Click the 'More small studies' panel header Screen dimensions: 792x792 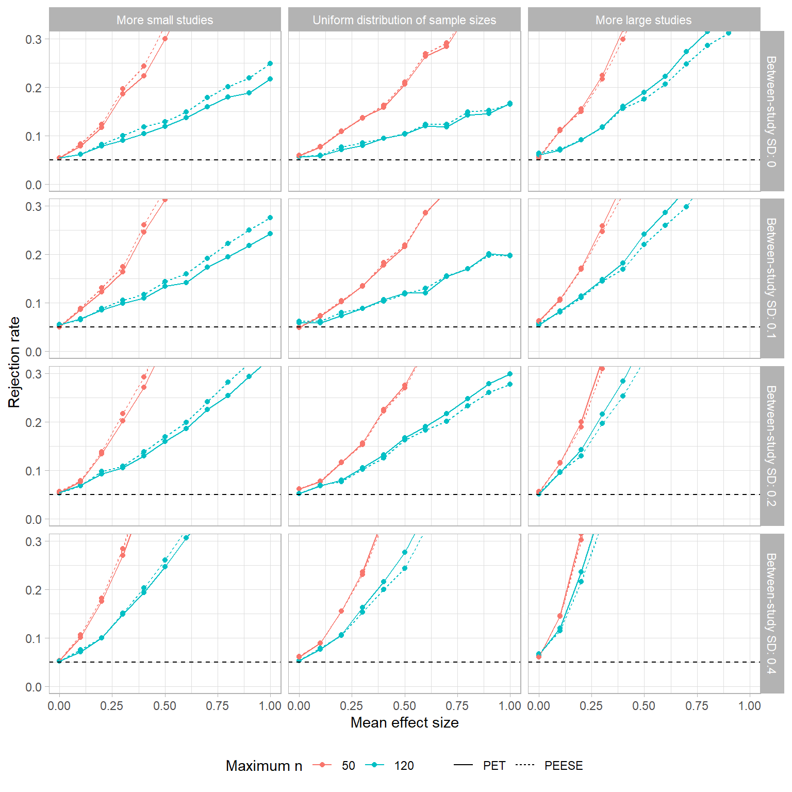click(x=164, y=20)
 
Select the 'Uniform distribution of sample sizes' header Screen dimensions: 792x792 click(x=404, y=20)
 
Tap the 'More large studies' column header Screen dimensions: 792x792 click(x=643, y=20)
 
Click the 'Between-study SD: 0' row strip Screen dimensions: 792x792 click(x=771, y=111)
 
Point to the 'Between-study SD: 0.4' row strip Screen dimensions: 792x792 click(x=771, y=614)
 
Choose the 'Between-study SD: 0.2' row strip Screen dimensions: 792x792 click(x=771, y=446)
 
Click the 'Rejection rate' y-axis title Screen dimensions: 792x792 click(x=14, y=362)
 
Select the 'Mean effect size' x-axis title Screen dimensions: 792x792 click(x=404, y=723)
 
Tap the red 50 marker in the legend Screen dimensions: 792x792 click(x=323, y=765)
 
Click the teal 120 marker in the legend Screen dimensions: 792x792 click(x=375, y=765)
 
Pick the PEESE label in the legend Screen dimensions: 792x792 click(x=564, y=766)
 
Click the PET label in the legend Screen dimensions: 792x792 click(x=494, y=766)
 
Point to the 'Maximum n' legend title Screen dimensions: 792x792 click(x=264, y=766)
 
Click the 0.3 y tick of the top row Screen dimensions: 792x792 click(x=34, y=39)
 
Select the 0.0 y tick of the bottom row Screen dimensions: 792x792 click(x=34, y=687)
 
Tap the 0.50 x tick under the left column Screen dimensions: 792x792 click(x=164, y=706)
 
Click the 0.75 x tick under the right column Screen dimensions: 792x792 click(x=697, y=706)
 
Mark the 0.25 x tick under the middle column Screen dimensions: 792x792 click(x=352, y=706)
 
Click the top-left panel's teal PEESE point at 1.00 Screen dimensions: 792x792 click(x=270, y=63)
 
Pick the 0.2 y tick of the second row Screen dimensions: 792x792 click(x=34, y=255)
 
